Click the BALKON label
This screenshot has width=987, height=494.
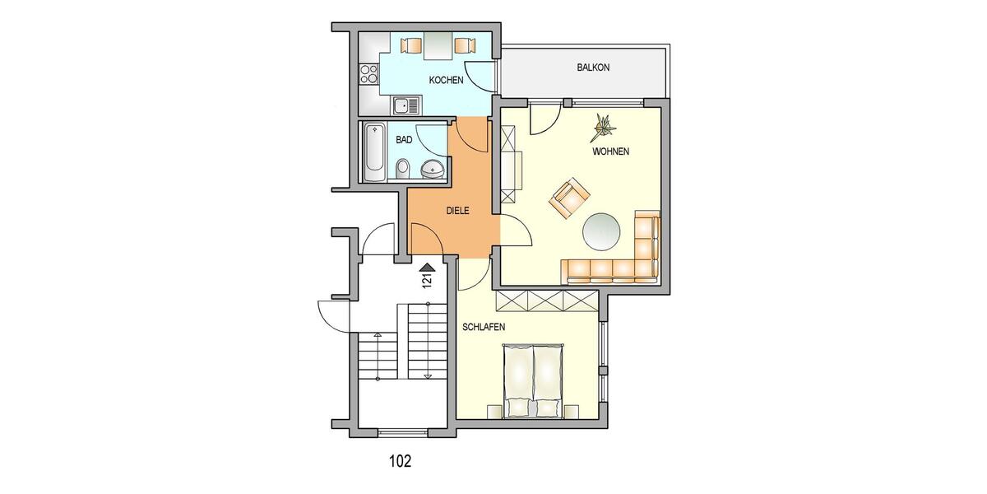[x=593, y=68]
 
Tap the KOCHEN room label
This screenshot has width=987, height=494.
[x=447, y=81]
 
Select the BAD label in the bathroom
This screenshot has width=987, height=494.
[x=404, y=140]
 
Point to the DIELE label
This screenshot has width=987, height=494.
[x=457, y=211]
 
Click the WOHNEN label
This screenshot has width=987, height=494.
[x=610, y=152]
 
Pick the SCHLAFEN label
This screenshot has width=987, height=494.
[x=483, y=327]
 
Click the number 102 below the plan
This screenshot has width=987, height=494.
[x=399, y=461]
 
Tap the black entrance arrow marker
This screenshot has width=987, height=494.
[x=426, y=266]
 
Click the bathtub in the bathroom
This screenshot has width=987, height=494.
[x=375, y=152]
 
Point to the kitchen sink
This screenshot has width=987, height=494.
[x=405, y=105]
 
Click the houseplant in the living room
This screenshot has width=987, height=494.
[x=605, y=125]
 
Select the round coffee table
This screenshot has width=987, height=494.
[x=603, y=231]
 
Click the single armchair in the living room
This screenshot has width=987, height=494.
[x=571, y=198]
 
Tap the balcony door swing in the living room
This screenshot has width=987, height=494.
[x=541, y=120]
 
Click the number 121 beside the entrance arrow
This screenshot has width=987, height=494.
[x=426, y=282]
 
